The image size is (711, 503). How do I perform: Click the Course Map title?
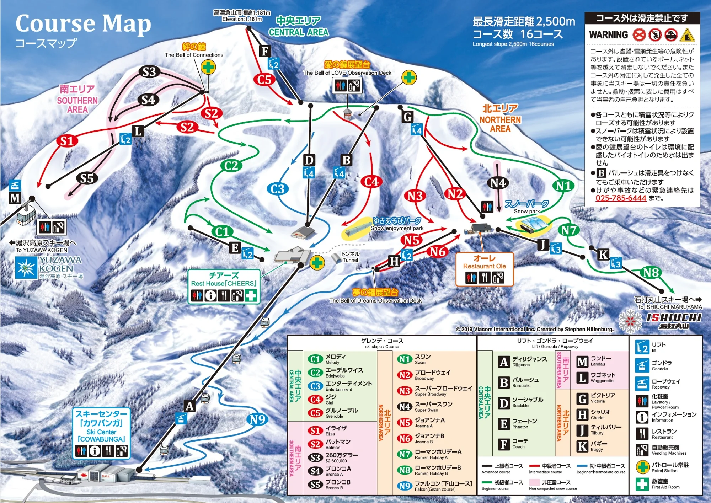(83, 24)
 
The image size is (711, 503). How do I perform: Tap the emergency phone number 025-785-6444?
(621, 198)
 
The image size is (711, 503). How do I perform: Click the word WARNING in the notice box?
(608, 35)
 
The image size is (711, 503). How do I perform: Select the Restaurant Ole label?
(484, 266)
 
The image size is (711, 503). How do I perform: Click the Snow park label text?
(526, 211)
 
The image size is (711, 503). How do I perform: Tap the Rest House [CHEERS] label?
(224, 283)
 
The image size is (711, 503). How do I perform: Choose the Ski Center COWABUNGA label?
(101, 432)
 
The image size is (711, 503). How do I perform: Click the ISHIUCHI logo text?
(673, 317)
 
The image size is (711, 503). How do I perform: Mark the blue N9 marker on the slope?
(257, 419)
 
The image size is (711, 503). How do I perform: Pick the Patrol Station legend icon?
(642, 467)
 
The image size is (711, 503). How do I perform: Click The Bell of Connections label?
(194, 55)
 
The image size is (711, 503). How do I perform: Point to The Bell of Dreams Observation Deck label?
(375, 300)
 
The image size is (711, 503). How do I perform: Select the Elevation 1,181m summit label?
(242, 19)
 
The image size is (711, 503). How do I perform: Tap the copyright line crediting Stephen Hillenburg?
(535, 329)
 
